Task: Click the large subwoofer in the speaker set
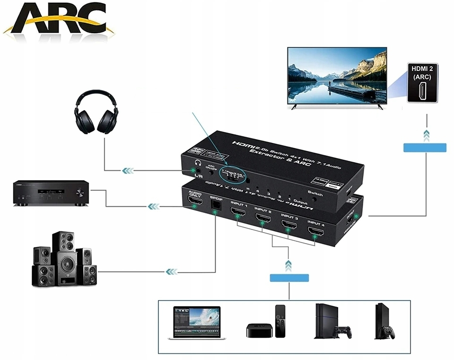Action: click(x=67, y=269)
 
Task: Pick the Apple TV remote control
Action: click(x=281, y=321)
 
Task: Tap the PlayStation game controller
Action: click(x=341, y=332)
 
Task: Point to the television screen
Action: click(x=337, y=76)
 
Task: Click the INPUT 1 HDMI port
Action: click(x=238, y=214)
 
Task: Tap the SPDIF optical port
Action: click(x=216, y=205)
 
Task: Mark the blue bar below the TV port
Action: click(x=425, y=147)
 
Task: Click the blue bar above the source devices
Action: click(x=289, y=278)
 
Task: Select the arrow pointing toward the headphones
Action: click(x=128, y=170)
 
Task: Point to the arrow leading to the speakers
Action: click(x=171, y=272)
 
